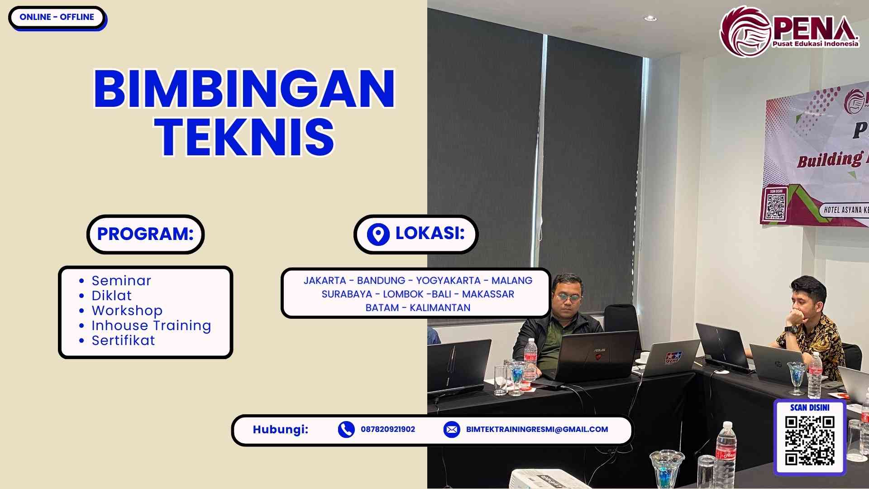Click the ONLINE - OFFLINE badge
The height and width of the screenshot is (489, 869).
[x=57, y=17]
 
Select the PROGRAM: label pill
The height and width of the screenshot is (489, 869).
[x=145, y=234]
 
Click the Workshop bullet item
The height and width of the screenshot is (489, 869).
[x=127, y=311]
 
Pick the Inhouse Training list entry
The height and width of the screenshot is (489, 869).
[x=151, y=326]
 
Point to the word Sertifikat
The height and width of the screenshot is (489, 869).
[x=123, y=340]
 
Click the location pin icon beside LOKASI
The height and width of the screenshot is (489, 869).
[x=378, y=234]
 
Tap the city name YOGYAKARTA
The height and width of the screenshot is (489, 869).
[x=448, y=281]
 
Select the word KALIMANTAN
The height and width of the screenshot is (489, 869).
[x=440, y=308]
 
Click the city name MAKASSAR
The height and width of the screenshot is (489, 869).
[x=488, y=294]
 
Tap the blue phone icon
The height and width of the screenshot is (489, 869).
[x=346, y=429]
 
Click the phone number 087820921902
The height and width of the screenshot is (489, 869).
[x=388, y=429]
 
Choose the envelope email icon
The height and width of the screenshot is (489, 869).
[x=451, y=429]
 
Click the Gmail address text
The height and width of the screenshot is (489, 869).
[x=537, y=429]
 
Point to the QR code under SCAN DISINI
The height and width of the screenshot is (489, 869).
[x=809, y=441]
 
